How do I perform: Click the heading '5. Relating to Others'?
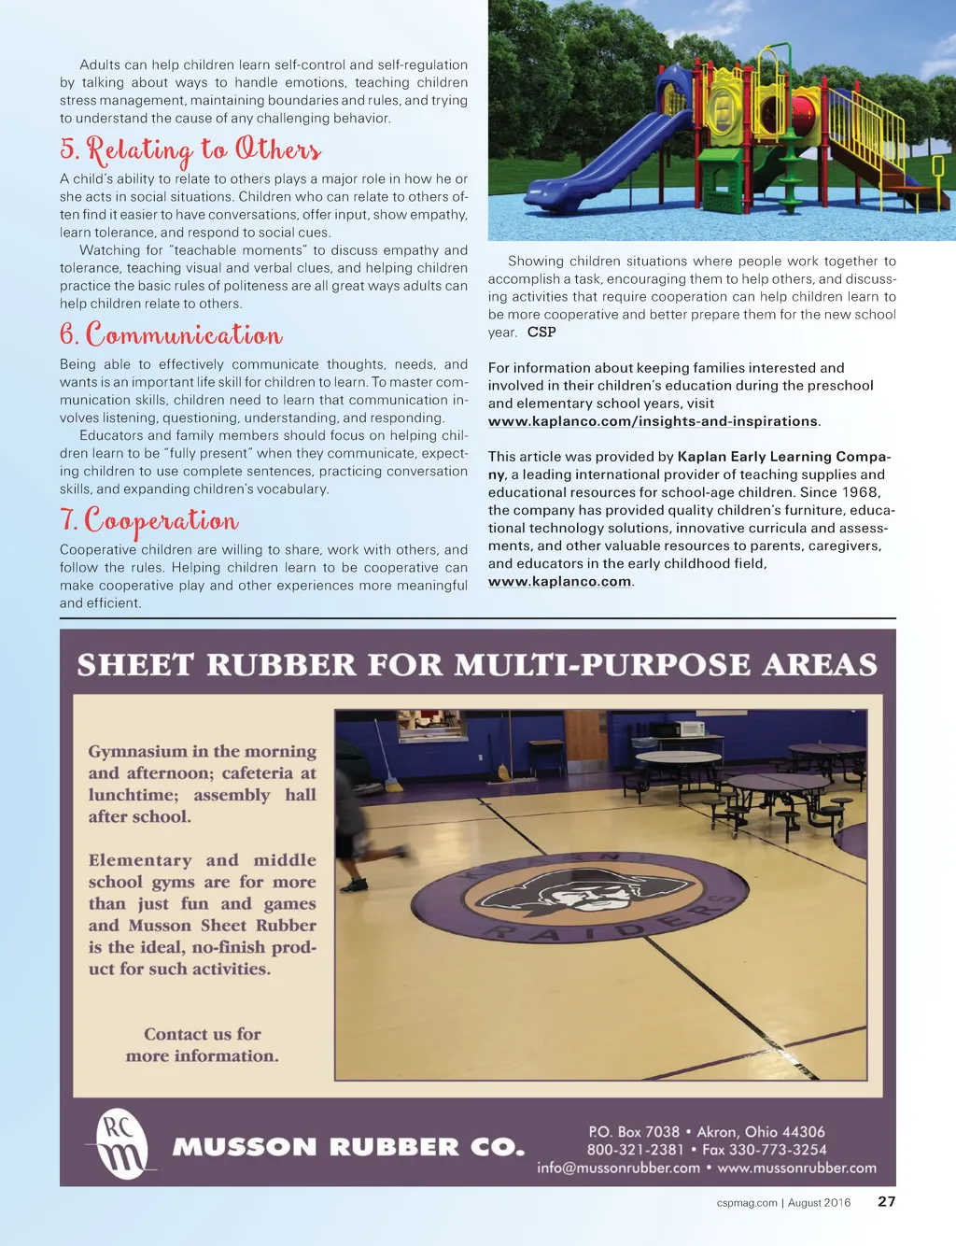(190, 149)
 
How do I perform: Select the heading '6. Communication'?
(171, 334)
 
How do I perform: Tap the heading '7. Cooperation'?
(149, 519)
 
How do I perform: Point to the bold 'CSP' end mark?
(541, 332)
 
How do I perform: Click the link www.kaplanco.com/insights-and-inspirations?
(653, 421)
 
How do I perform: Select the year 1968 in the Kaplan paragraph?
(859, 492)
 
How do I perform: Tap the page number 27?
(886, 1201)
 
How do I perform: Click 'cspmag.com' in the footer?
(747, 1203)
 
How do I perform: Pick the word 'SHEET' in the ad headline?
(136, 665)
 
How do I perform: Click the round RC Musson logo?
(122, 1144)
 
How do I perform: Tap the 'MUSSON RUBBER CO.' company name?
(348, 1147)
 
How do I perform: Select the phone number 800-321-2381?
(635, 1150)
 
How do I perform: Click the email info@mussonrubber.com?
(618, 1168)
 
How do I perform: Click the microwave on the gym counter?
(690, 729)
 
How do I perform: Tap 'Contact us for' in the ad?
(203, 1034)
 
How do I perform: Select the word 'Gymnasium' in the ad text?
(138, 751)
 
